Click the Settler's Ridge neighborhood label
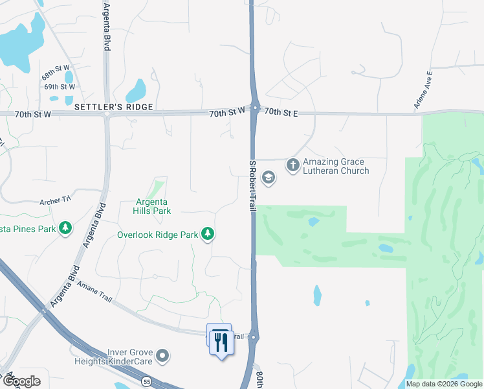(113, 106)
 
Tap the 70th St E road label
(280, 113)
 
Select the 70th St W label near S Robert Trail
(227, 113)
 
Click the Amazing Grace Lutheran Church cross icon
(292, 165)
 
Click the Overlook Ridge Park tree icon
(208, 233)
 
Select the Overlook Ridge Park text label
(157, 235)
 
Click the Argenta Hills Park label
(152, 206)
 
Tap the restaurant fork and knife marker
(222, 341)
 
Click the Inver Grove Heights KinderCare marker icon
(163, 355)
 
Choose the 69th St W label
(60, 87)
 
